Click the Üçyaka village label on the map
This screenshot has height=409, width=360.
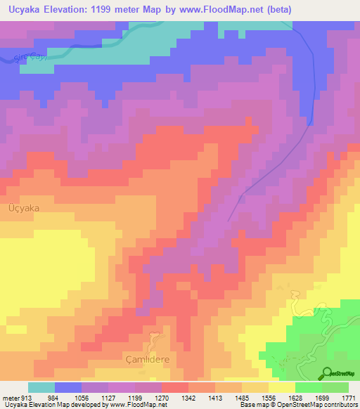tap(23, 209)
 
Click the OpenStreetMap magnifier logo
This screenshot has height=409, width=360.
tap(327, 374)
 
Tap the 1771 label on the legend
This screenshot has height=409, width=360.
tap(348, 398)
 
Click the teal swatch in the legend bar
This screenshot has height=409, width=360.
tap(41, 387)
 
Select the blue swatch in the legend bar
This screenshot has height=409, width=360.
tap(68, 387)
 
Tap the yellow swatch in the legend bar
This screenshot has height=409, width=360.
tap(282, 387)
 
